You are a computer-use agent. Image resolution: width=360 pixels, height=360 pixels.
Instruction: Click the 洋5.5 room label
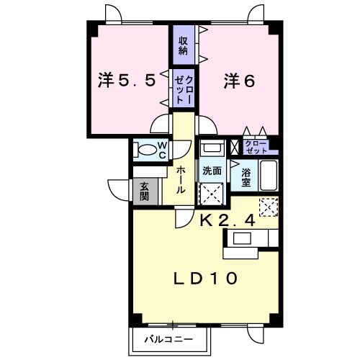point(127,81)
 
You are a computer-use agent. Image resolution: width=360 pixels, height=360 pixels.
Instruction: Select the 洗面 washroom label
point(212,171)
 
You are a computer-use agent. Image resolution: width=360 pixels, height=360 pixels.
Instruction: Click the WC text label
point(162,150)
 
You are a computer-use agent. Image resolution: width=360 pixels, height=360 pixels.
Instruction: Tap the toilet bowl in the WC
point(146,150)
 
